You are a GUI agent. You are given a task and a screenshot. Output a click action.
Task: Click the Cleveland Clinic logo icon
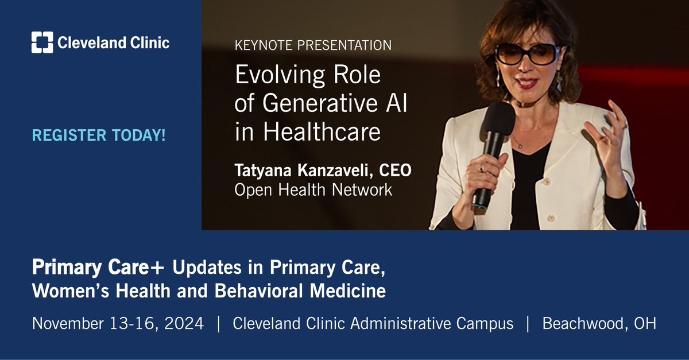pos(42,42)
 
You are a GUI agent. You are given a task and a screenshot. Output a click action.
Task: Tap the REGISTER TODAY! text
pos(99,136)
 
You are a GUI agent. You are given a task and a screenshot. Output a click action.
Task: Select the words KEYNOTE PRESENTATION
pos(313,45)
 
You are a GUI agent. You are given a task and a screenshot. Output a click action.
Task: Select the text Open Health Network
pos(313,190)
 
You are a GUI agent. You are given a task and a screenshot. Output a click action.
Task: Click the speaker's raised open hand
pos(609,129)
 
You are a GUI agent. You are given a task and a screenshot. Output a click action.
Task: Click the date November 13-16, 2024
pos(118,323)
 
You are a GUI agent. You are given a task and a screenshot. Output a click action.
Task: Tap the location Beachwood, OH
pos(599,323)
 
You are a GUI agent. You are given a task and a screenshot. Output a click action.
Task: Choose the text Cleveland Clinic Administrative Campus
pos(373,323)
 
